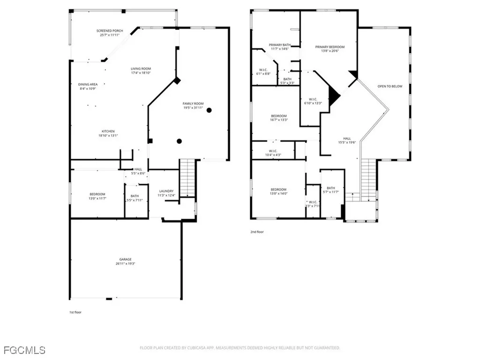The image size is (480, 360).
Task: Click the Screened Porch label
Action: point(110,31)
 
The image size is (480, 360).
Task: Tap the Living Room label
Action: point(141,69)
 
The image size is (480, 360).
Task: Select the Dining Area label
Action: point(88,84)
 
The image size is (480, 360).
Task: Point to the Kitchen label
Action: point(108,131)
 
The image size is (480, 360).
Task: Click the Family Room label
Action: point(193,103)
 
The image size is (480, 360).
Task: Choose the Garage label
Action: point(125,259)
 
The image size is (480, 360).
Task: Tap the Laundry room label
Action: point(166,191)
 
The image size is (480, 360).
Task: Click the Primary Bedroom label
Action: point(330,47)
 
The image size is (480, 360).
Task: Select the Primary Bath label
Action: point(279,45)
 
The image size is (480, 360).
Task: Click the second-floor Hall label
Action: point(347,138)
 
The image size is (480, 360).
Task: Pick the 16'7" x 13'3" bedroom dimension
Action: point(278,120)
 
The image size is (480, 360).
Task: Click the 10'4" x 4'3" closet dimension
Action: point(273,155)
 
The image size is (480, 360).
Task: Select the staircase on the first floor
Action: point(187,178)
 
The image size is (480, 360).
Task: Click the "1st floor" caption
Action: point(75,312)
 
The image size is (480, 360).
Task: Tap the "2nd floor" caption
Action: point(257,232)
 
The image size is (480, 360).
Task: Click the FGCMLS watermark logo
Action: point(24,350)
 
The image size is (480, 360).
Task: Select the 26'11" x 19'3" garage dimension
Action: point(125,263)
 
